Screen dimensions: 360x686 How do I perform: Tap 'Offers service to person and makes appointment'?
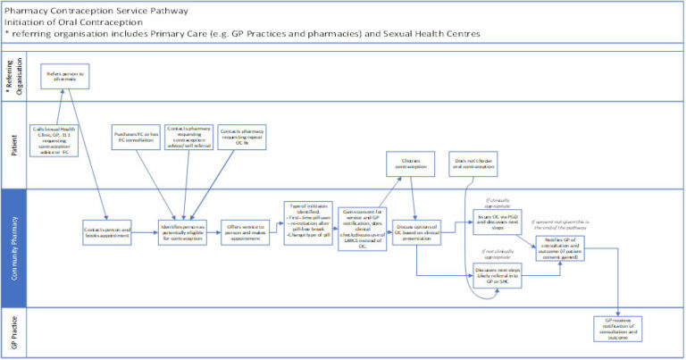[x=245, y=230]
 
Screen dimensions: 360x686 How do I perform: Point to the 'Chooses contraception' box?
[x=408, y=166]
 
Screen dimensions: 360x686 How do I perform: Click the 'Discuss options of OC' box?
[x=415, y=230]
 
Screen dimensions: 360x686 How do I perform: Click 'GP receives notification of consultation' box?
[x=620, y=328]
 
